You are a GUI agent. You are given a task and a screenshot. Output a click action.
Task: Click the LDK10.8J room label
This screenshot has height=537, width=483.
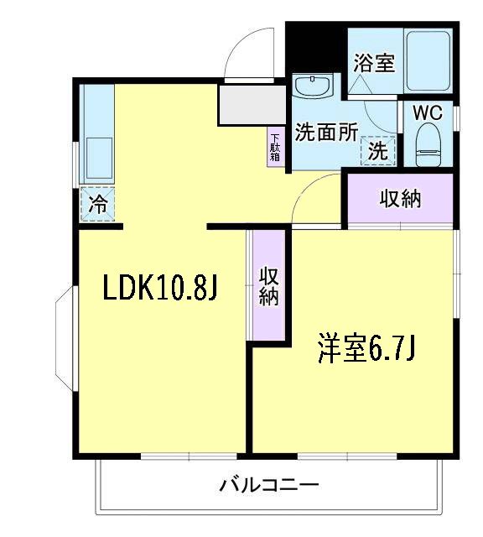[160, 289]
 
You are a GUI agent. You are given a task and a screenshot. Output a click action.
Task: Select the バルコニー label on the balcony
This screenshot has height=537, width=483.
[269, 485]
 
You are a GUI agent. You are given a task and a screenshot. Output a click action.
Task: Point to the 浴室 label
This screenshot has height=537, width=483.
[374, 64]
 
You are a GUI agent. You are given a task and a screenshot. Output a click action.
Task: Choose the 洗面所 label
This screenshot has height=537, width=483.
[325, 133]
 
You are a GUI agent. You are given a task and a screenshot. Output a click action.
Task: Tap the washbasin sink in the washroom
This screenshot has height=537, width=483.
[313, 86]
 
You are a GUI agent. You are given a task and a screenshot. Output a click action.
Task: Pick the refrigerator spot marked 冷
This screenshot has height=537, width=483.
[97, 204]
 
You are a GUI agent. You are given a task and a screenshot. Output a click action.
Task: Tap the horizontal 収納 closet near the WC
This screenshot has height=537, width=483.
[400, 199]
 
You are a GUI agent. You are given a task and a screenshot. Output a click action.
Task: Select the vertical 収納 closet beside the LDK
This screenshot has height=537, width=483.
[268, 285]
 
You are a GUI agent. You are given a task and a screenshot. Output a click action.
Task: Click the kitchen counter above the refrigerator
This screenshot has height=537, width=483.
[97, 138]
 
